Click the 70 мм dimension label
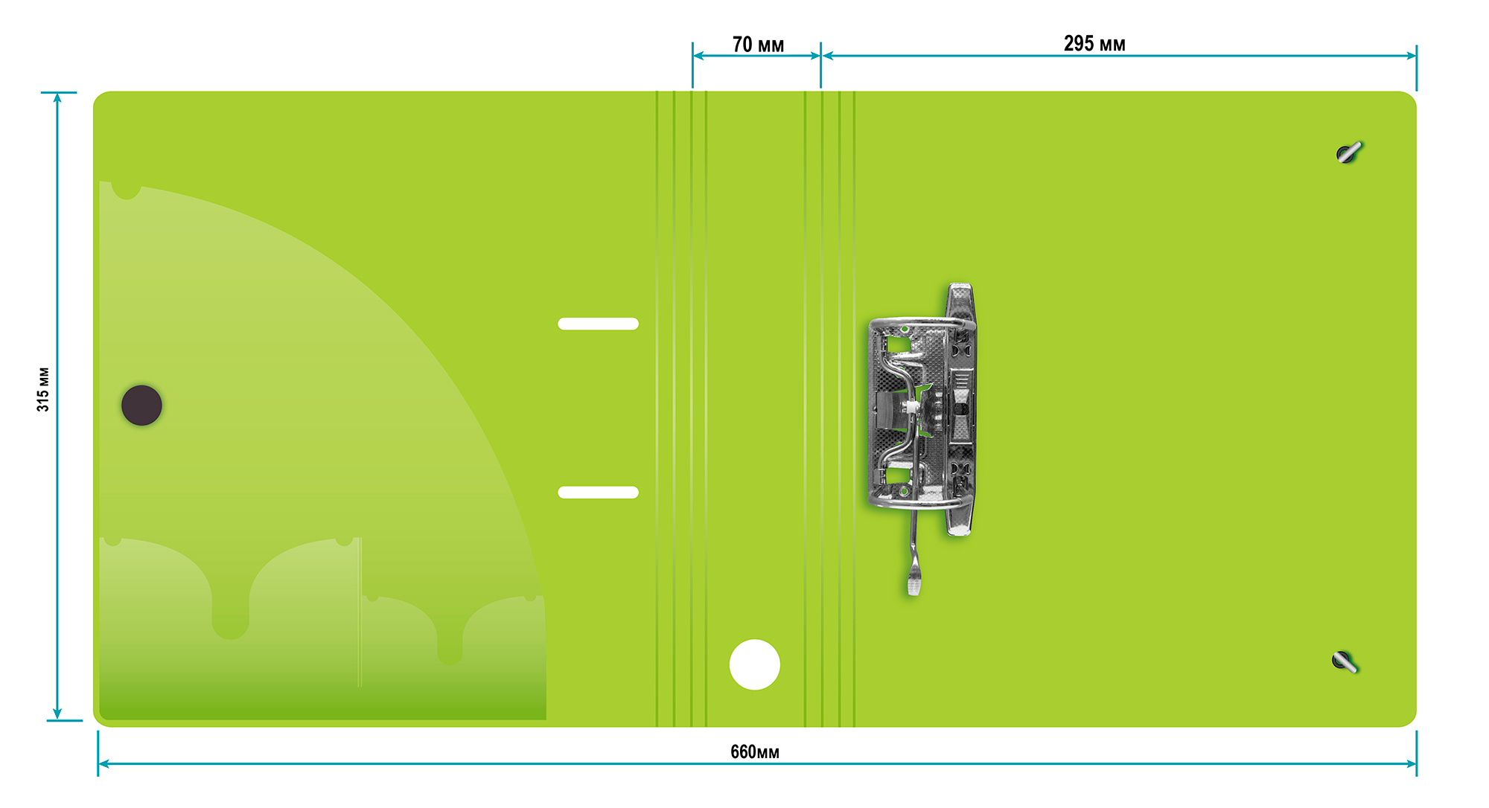758,45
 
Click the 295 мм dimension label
1094,44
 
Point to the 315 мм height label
43,389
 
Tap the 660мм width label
754,752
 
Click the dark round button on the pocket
141,405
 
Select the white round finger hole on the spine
754,664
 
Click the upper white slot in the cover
598,324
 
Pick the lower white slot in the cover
598,493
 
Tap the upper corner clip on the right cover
1348,153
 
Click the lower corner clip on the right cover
1345,661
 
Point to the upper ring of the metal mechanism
922,324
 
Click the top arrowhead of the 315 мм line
57,97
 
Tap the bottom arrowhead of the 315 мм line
57,715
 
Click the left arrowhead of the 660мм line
103,763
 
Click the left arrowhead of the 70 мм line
698,55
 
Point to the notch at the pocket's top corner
127,190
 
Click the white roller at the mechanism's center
911,407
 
